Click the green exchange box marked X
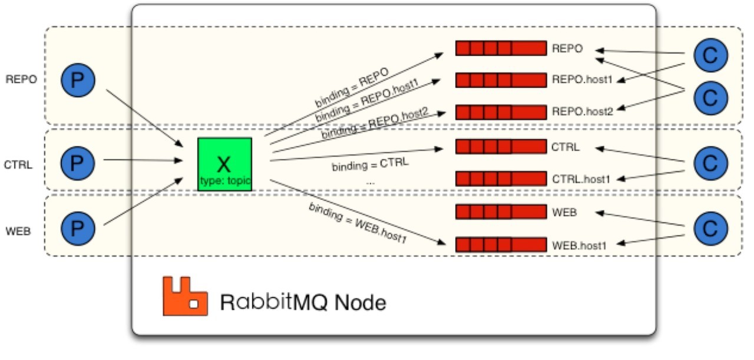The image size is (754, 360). click(224, 164)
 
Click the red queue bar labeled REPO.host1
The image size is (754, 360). click(501, 80)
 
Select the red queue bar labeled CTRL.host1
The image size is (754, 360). click(501, 178)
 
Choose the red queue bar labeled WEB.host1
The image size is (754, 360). click(501, 245)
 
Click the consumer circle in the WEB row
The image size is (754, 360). click(711, 227)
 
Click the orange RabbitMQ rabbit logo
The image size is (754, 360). click(185, 296)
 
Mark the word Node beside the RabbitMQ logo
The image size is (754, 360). click(360, 302)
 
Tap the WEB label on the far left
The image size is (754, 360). click(18, 231)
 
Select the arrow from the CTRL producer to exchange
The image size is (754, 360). click(141, 160)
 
